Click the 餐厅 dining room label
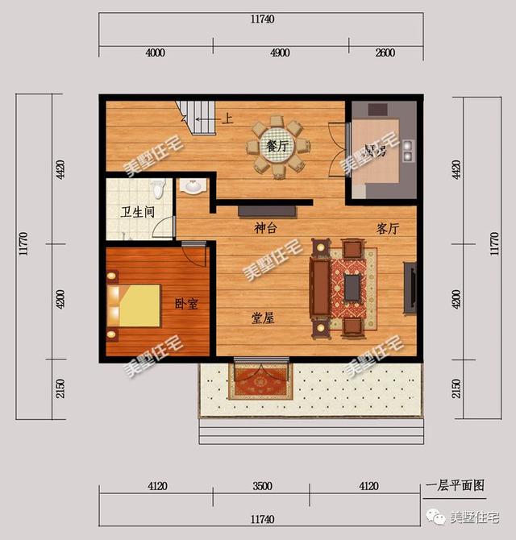(x=277, y=147)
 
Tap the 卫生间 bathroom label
(x=136, y=213)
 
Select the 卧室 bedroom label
(x=186, y=304)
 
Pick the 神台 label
(x=266, y=228)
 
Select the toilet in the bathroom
(x=159, y=188)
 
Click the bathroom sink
(x=193, y=187)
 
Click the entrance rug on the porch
(x=261, y=381)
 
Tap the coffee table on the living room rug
(x=352, y=286)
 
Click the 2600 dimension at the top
(x=385, y=53)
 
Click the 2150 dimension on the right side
(x=456, y=388)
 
